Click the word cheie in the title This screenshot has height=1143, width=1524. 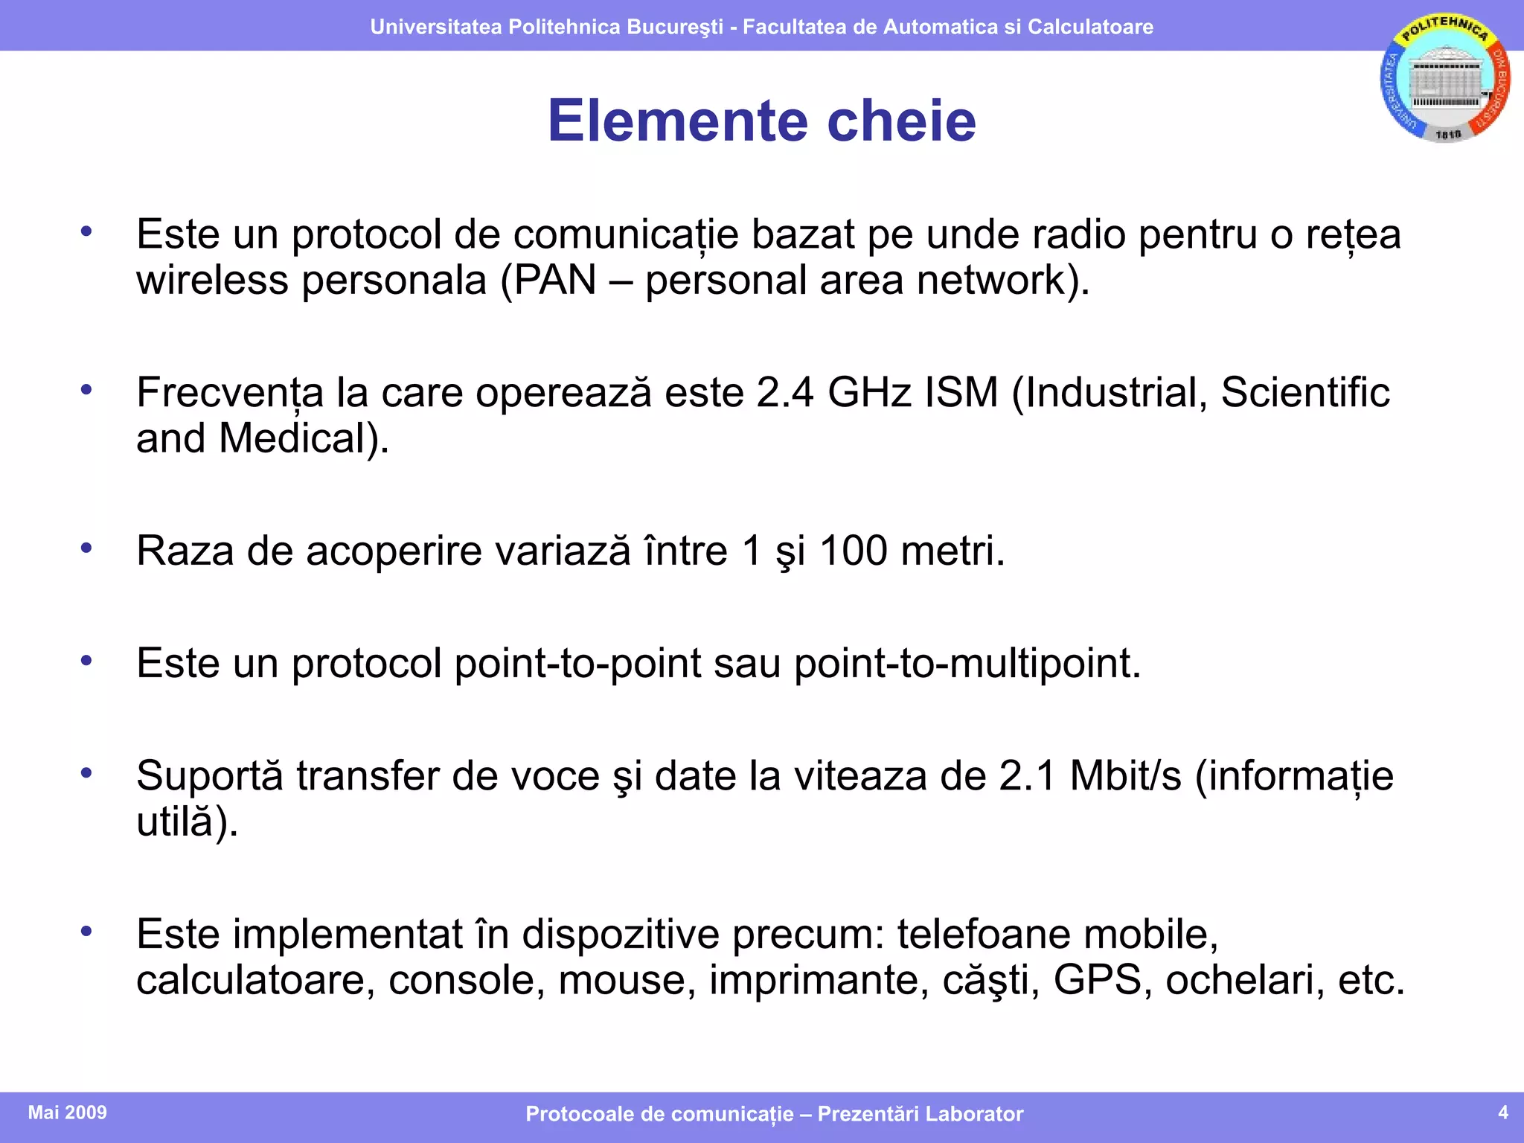901,121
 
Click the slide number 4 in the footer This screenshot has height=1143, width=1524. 1502,1112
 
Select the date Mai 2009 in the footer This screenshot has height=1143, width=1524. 67,1112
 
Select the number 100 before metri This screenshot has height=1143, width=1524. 853,551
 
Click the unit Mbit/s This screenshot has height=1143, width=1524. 1125,776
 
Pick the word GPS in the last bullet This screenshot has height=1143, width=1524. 1097,980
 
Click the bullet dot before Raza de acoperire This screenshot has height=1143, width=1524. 86,548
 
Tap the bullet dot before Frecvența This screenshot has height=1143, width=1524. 86,389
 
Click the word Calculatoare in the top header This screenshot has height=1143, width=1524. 1090,27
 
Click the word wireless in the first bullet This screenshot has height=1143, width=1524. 212,281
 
